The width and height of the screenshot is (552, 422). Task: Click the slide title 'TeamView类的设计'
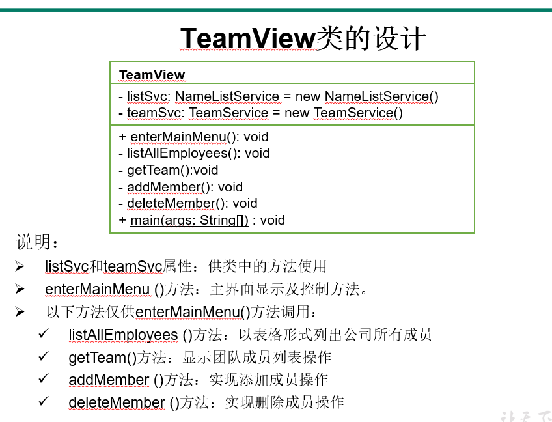tap(303, 39)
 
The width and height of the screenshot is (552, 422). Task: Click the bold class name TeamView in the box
tap(152, 75)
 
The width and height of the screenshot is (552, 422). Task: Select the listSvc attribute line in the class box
tap(279, 96)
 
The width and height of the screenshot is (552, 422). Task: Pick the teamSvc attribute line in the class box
tap(261, 113)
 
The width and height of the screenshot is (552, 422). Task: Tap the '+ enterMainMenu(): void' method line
tap(193, 137)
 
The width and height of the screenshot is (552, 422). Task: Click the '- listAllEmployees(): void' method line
tap(194, 153)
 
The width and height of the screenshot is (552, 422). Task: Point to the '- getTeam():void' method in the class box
tap(168, 170)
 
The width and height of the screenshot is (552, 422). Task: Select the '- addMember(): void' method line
tap(180, 187)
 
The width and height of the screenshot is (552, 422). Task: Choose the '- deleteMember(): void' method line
tap(188, 203)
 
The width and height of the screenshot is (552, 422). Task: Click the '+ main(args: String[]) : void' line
tap(202, 220)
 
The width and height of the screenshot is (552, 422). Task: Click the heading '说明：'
tap(37, 243)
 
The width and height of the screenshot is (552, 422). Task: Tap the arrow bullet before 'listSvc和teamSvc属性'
tap(20, 266)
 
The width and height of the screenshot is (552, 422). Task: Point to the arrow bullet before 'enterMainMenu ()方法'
tap(20, 289)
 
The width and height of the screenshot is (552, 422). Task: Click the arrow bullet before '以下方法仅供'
tap(20, 312)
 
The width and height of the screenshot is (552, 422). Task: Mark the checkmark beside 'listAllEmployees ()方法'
tap(44, 334)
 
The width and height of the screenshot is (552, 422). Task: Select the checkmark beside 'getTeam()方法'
tap(44, 357)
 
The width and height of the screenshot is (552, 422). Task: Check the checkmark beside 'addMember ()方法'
tap(44, 379)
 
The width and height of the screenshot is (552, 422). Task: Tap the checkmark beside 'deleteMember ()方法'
tap(44, 402)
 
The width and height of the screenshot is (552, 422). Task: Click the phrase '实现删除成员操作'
tap(284, 402)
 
